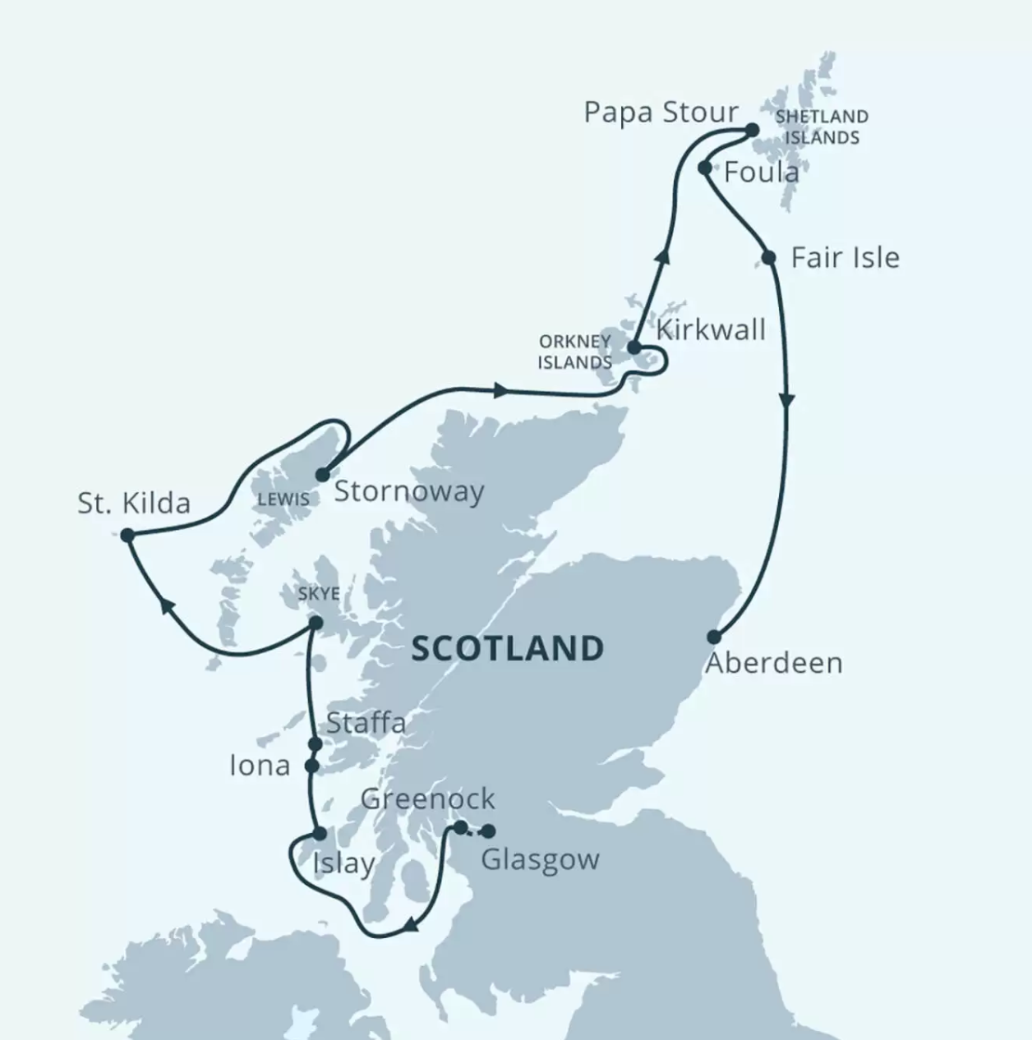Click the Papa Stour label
pyautogui.click(x=661, y=113)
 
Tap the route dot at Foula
pyautogui.click(x=704, y=168)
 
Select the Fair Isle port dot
pyautogui.click(x=768, y=258)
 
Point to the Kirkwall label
pyautogui.click(x=711, y=330)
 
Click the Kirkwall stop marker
pyautogui.click(x=633, y=347)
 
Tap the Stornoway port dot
pyautogui.click(x=322, y=475)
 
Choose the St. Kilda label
pyautogui.click(x=134, y=503)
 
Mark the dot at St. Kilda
pyautogui.click(x=127, y=536)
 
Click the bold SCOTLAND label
pyautogui.click(x=507, y=649)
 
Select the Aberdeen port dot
pyautogui.click(x=714, y=637)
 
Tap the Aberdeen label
pyautogui.click(x=774, y=663)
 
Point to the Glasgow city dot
pyautogui.click(x=488, y=831)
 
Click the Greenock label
pyautogui.click(x=427, y=798)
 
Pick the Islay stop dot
pyautogui.click(x=320, y=834)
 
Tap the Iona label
pyautogui.click(x=260, y=766)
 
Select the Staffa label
pyautogui.click(x=366, y=723)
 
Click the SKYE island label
pyautogui.click(x=319, y=593)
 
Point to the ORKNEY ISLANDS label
pyautogui.click(x=574, y=352)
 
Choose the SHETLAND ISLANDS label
pyautogui.click(x=821, y=127)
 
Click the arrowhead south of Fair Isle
pyautogui.click(x=787, y=400)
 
